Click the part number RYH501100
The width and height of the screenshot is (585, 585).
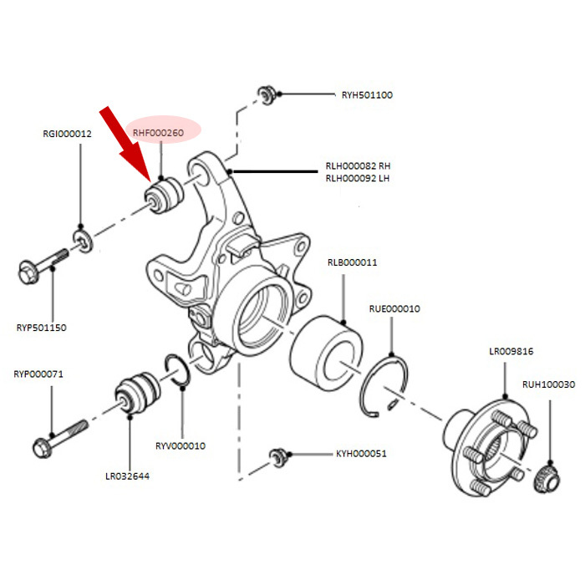(367, 95)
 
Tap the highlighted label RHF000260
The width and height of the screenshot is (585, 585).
(158, 132)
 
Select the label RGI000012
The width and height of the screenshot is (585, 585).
(67, 134)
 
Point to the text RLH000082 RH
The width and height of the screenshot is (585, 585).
(358, 165)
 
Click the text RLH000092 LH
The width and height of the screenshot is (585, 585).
(358, 178)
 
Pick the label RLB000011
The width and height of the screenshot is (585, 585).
(352, 262)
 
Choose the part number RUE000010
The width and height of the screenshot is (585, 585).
(394, 308)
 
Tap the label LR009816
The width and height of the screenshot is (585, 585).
(511, 351)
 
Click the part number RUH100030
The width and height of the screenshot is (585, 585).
(548, 384)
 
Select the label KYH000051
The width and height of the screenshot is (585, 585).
(361, 454)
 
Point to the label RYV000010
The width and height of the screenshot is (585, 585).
(181, 445)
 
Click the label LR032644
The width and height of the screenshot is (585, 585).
(127, 476)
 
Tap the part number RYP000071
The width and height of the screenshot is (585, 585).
(38, 374)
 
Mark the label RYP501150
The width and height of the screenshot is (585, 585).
(42, 328)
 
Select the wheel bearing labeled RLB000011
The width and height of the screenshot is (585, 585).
(326, 353)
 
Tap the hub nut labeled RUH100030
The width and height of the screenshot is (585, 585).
(547, 479)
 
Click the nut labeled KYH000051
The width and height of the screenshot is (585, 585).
(277, 457)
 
